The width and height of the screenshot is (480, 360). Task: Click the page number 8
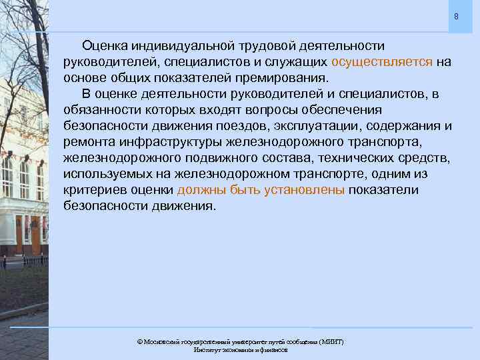click(x=456, y=16)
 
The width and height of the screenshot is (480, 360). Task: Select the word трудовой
click(x=257, y=46)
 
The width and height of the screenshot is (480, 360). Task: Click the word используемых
click(x=108, y=174)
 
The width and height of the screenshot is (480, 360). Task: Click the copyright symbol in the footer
click(x=139, y=342)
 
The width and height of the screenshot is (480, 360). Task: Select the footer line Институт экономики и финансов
click(x=240, y=350)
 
